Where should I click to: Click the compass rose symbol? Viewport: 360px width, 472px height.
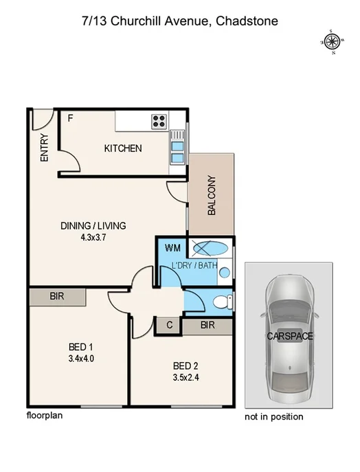point(332,42)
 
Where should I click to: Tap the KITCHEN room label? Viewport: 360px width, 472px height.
point(123,148)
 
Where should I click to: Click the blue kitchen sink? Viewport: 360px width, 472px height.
point(177,150)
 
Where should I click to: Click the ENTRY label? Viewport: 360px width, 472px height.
point(45,147)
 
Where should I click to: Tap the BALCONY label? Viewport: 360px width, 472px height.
point(212,196)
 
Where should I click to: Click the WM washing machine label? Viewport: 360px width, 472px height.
point(172,247)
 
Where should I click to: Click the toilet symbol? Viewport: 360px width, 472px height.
point(221,301)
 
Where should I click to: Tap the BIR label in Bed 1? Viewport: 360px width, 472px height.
point(58,297)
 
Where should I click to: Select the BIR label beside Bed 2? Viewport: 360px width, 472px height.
point(207,325)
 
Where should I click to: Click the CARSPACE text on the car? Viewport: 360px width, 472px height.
point(289,337)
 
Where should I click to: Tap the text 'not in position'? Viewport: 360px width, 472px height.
point(274,416)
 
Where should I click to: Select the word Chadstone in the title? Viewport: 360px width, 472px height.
point(247,21)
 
